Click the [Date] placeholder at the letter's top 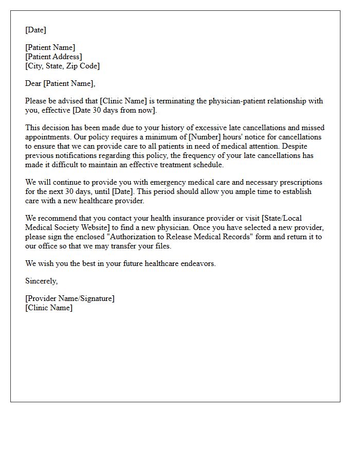(35, 30)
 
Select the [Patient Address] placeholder (53, 57)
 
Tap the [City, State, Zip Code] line (62, 66)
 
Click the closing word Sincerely (41, 281)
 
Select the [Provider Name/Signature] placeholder (70, 298)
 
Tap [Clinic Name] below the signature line (49, 308)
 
